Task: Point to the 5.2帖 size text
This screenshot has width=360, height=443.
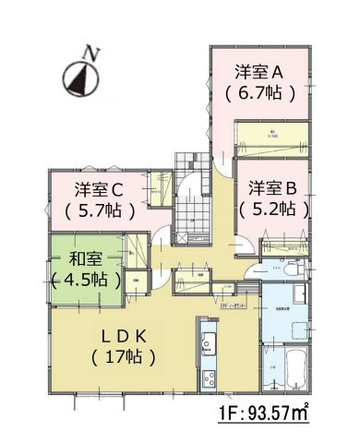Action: click(x=271, y=209)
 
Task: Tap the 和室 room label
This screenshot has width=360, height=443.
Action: click(x=86, y=258)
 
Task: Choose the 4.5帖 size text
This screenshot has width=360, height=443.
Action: click(x=86, y=279)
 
